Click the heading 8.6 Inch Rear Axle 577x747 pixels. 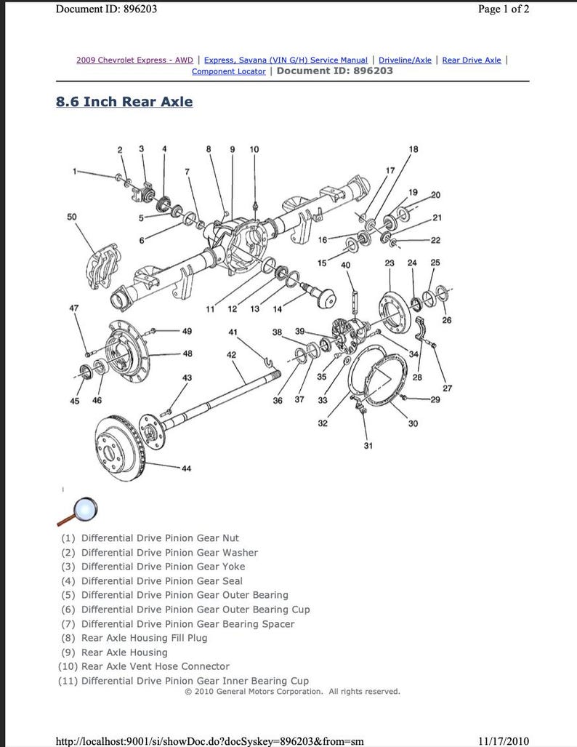point(124,102)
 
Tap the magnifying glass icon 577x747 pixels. point(76,511)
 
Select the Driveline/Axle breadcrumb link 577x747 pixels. point(405,60)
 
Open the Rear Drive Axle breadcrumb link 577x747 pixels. point(471,60)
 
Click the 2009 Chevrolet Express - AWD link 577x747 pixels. point(134,60)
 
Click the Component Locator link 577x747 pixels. point(228,71)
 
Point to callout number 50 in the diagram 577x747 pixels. point(71,217)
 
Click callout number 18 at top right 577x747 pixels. point(413,150)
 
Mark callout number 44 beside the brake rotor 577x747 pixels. point(187,468)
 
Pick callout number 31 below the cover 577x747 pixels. point(368,445)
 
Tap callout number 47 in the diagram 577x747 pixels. point(73,308)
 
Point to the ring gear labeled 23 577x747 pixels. point(395,313)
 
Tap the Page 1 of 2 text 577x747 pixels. point(503,9)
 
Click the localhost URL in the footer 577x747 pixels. point(209,740)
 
